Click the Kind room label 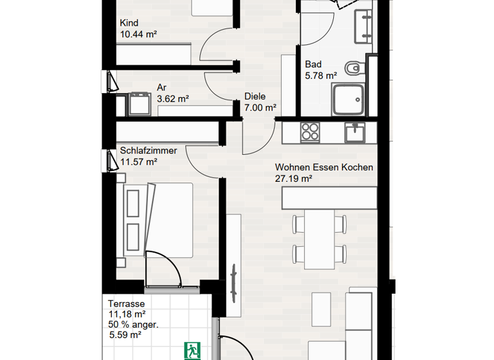129,23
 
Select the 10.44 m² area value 139,34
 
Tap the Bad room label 313,64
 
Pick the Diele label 255,97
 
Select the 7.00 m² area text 261,108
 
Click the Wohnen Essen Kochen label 324,168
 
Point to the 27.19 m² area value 293,179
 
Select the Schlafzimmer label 148,151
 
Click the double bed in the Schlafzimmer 156,220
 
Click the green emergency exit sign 192,350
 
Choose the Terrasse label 126,304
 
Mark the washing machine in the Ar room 138,103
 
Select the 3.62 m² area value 172,99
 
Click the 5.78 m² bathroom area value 321,75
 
